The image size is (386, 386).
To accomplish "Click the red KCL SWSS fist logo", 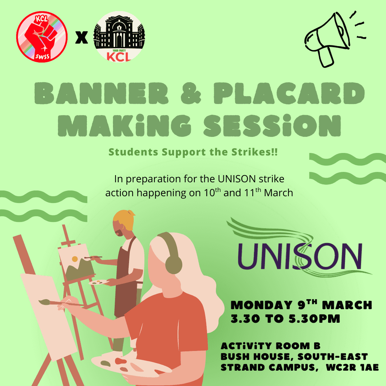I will pos(42,36).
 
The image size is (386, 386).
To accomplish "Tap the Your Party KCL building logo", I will pos(119,36).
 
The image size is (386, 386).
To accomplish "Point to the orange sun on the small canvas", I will pos(75,259).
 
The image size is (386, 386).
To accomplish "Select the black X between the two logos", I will pos(82,38).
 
